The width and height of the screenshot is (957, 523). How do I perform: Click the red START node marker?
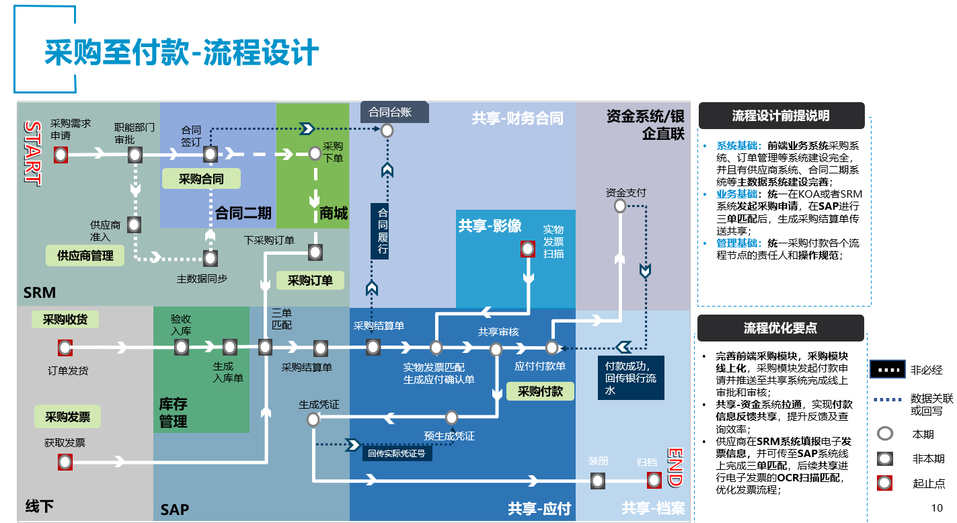point(61,155)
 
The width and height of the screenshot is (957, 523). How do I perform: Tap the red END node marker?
point(654,480)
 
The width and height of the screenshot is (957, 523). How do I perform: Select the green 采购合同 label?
point(201,179)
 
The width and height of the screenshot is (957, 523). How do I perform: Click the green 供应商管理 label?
point(85,255)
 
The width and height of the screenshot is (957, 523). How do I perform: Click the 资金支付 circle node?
point(620,206)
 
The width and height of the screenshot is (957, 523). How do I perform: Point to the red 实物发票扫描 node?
point(528,249)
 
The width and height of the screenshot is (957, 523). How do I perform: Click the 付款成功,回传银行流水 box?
point(630,378)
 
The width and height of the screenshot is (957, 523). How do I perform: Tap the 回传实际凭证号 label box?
point(397,453)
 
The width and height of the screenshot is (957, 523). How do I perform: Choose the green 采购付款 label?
point(540,391)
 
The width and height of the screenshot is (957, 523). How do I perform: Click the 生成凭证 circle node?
point(313,419)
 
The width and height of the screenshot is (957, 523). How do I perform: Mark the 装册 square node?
point(597,480)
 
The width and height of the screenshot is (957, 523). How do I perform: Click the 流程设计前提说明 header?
point(781,116)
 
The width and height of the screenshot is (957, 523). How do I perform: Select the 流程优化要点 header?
point(780,328)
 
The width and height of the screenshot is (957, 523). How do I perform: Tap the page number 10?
point(937,508)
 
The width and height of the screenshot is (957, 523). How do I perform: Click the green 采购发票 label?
point(67,417)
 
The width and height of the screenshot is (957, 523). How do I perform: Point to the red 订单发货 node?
point(65,348)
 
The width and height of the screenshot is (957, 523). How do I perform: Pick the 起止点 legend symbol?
point(886,483)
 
